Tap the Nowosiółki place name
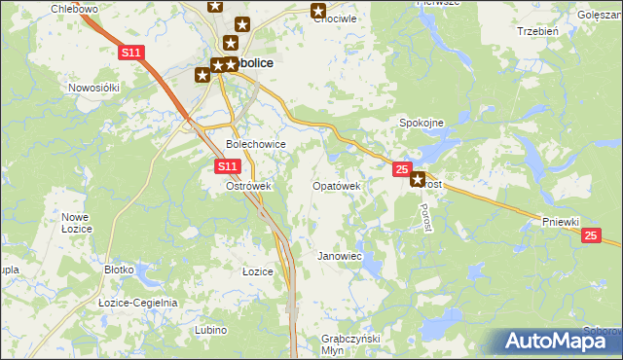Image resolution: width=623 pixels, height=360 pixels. [x=93, y=87]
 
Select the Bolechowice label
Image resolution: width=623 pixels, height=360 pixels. [x=255, y=144]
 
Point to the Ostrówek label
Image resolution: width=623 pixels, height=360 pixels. [x=247, y=186]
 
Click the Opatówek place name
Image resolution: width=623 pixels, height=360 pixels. [x=337, y=186]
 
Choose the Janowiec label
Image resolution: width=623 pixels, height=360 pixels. [x=340, y=256]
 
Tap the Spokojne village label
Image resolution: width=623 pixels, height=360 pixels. [x=421, y=123]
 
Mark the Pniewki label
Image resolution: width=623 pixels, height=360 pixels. [x=562, y=222]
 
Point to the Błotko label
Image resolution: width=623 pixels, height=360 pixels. [x=119, y=271]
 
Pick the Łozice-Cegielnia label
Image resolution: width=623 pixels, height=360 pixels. [x=138, y=303]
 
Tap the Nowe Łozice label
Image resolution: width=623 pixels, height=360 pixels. [x=76, y=222]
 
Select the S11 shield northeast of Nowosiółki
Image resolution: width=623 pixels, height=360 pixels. [x=133, y=53]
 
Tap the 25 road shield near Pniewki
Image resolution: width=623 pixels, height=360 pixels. [x=591, y=235]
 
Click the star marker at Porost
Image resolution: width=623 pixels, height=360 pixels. [x=419, y=179]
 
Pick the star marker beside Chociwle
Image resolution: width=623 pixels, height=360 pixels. [x=318, y=11]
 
